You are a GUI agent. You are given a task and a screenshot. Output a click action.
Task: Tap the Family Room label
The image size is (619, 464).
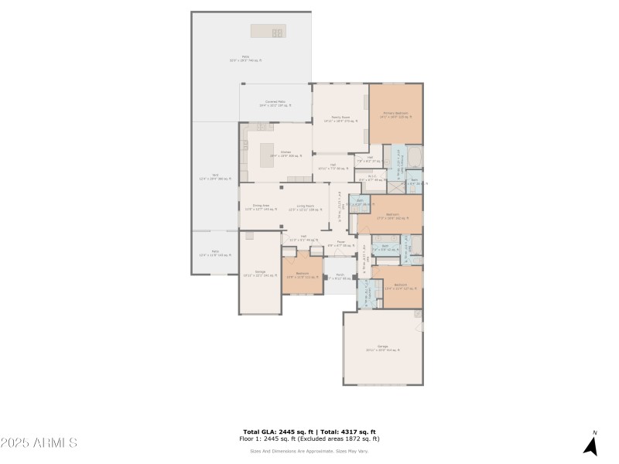pos(340,119)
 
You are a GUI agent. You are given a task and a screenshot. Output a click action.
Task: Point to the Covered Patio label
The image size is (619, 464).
pos(275,104)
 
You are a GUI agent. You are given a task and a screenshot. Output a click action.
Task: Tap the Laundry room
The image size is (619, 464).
pos(364,292)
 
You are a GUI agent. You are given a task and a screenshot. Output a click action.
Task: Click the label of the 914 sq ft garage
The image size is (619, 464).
pos(383,347)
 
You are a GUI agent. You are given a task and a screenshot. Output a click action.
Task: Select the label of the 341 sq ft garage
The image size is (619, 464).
pos(260,273)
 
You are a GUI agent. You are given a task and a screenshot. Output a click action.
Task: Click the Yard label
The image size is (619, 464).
pos(214,177)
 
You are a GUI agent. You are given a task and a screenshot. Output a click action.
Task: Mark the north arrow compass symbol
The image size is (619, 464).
pos(592,444)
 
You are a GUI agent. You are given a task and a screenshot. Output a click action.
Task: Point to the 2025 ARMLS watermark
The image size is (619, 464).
pos(39,443)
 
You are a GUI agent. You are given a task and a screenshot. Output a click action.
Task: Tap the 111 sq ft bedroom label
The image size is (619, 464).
pos(302,275)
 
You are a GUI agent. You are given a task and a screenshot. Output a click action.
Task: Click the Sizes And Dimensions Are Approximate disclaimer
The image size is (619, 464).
pos(309,451)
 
